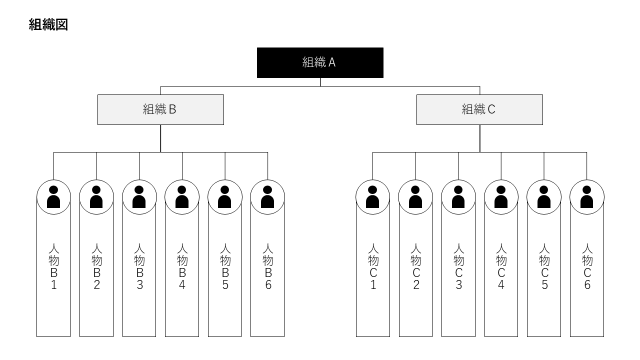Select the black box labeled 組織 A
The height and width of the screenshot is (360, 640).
320,62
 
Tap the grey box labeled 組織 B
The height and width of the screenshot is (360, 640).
160,109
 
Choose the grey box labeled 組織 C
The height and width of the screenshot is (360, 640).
479,109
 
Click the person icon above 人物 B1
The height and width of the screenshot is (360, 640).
53,197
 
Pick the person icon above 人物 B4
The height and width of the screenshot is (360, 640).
182,197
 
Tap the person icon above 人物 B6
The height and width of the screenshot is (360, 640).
267,197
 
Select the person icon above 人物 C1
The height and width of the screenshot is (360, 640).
372,197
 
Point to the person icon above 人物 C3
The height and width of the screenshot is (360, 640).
458,197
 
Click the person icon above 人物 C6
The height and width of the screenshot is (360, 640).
586,197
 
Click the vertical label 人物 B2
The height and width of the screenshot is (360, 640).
96,266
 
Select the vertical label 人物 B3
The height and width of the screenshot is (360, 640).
139,266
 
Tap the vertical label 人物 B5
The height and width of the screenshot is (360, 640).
225,266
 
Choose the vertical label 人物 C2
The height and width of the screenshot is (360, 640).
415,266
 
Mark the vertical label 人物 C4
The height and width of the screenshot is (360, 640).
501,266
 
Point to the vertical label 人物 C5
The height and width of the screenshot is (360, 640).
544,266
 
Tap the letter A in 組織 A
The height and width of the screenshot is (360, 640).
331,62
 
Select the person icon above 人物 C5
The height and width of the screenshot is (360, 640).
544,197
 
